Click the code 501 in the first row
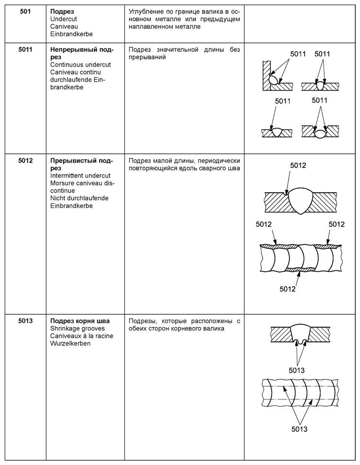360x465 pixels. click(25, 11)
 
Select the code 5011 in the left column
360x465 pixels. click(25, 50)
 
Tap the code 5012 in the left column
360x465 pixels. click(25, 161)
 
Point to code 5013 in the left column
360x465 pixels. click(25, 321)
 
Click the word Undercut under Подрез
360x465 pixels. click(64, 19)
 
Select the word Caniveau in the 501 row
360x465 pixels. click(64, 27)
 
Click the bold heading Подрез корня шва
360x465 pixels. click(80, 321)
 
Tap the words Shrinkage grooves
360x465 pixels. click(78, 329)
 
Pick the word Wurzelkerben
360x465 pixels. click(70, 343)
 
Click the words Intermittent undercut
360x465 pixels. click(80, 176)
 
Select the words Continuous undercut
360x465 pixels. click(80, 65)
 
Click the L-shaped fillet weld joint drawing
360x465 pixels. click(278, 76)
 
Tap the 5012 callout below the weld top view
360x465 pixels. click(287, 289)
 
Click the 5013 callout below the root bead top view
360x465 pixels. click(299, 429)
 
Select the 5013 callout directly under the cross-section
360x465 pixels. click(296, 370)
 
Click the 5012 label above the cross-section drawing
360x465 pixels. click(298, 166)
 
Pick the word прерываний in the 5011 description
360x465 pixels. click(147, 57)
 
